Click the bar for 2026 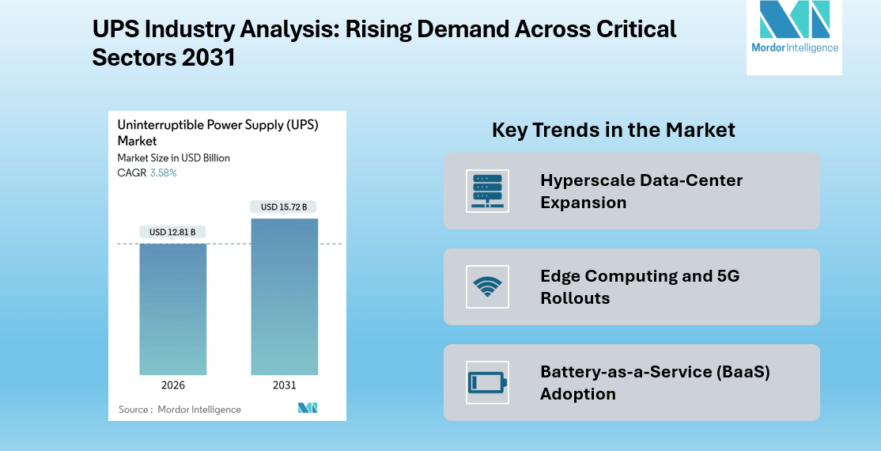pyautogui.click(x=173, y=309)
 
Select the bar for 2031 pyautogui.click(x=284, y=297)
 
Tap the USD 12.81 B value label pyautogui.click(x=173, y=232)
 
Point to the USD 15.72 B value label pyautogui.click(x=284, y=207)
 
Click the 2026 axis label pyautogui.click(x=173, y=385)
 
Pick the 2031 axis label pyautogui.click(x=284, y=385)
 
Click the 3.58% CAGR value pyautogui.click(x=164, y=172)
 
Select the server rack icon pyautogui.click(x=487, y=191)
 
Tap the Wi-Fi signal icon pyautogui.click(x=487, y=286)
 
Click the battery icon pyautogui.click(x=487, y=382)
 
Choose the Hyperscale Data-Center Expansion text pyautogui.click(x=641, y=191)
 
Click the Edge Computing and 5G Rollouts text pyautogui.click(x=639, y=287)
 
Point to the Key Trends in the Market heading pyautogui.click(x=614, y=130)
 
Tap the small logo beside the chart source pyautogui.click(x=308, y=408)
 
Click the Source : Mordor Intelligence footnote pyautogui.click(x=180, y=410)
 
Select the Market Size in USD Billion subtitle pyautogui.click(x=173, y=158)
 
